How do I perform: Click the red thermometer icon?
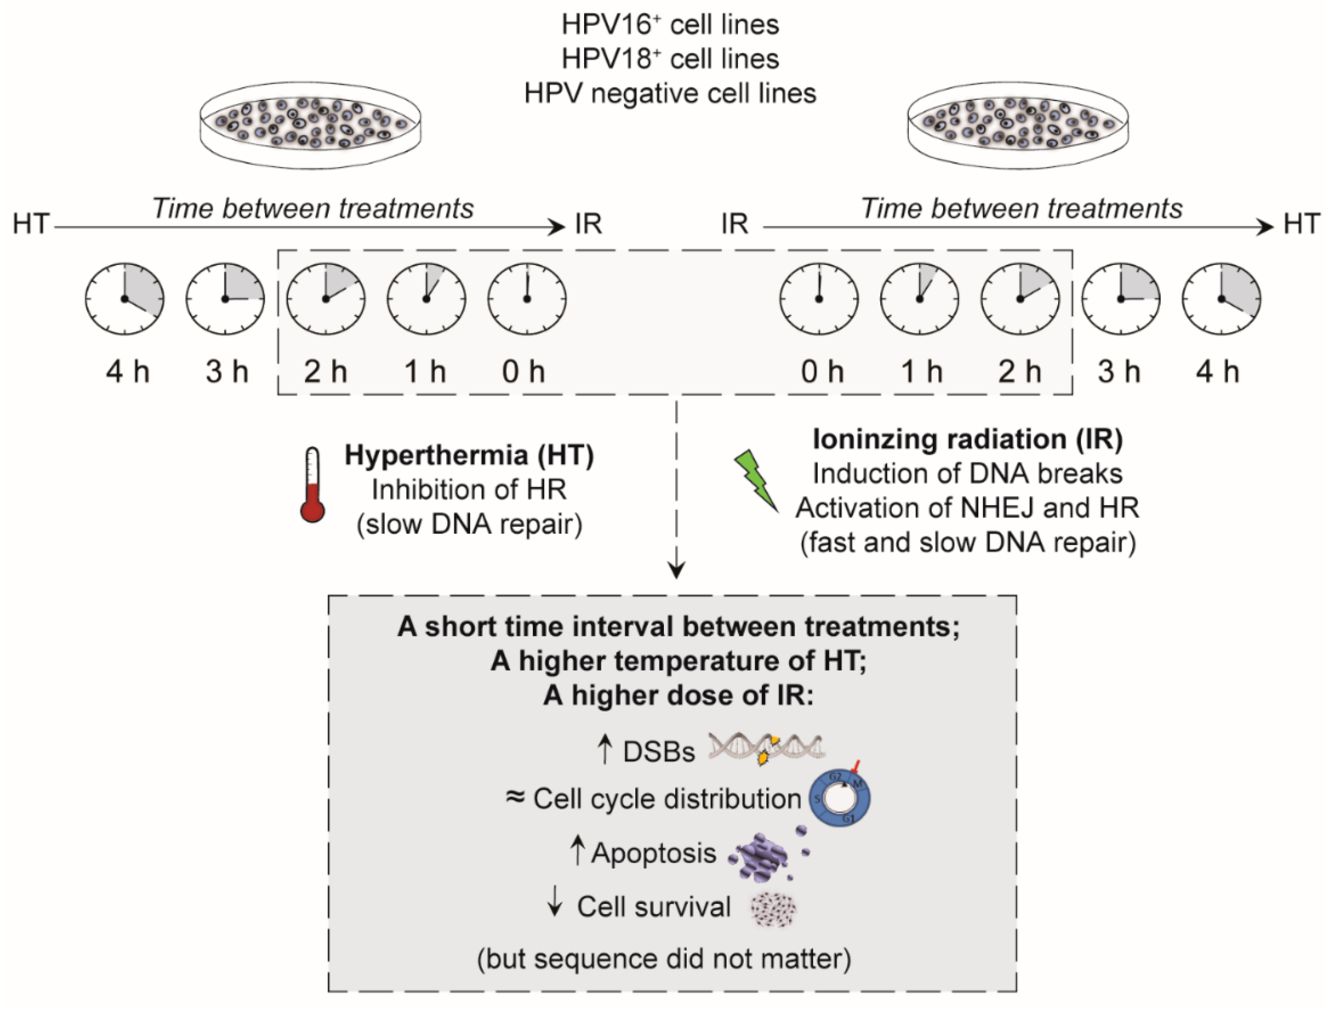313,485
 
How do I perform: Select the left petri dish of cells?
310,125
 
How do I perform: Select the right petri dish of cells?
1018,125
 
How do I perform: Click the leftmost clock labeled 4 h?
124,298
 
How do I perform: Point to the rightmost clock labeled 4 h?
1221,298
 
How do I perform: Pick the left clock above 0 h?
527,298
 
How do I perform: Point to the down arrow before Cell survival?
555,905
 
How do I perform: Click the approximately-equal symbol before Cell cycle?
515,797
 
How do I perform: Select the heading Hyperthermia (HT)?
469,455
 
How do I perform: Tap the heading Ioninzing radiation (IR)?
967,439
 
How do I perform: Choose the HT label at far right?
1302,224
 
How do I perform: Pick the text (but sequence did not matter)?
664,959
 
